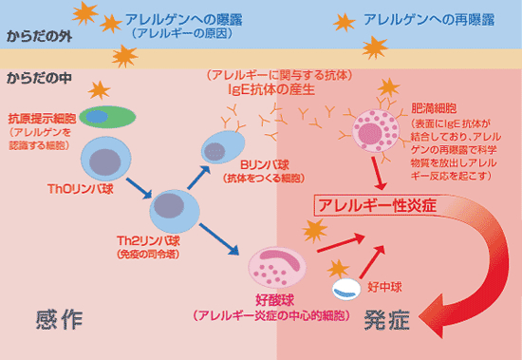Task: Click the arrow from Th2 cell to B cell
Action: (x=197, y=177)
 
